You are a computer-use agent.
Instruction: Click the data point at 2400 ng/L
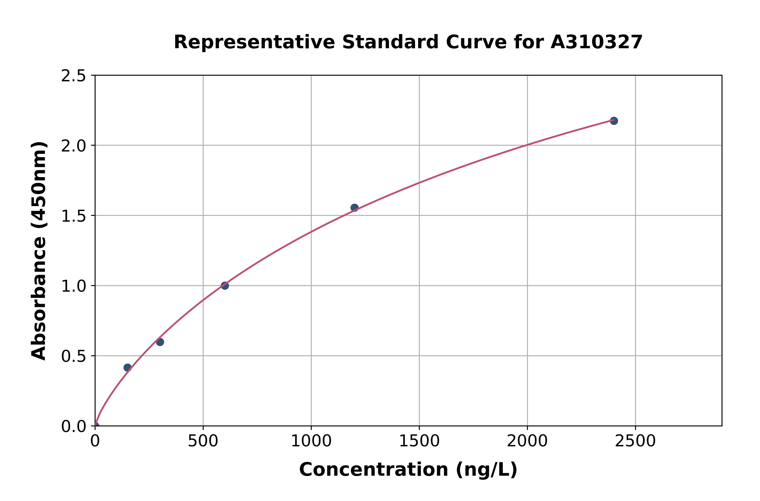(614, 121)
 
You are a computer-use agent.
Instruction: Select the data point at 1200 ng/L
(354, 208)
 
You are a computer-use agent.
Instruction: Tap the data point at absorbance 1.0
(225, 286)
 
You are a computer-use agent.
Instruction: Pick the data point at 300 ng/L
(160, 342)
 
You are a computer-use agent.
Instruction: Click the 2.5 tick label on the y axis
(74, 76)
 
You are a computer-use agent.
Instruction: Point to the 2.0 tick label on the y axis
(74, 146)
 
